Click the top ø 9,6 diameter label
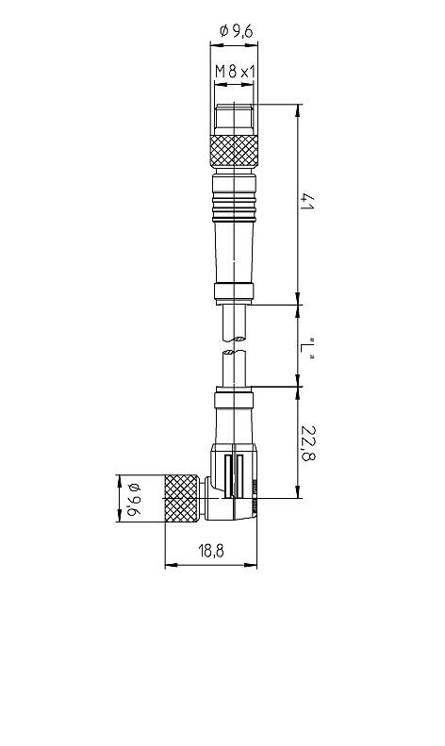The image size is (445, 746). [236, 31]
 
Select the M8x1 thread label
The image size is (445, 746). [235, 72]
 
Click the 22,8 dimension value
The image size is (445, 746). [308, 443]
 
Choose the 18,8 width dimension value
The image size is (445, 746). [211, 551]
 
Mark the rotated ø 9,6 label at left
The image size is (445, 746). [133, 500]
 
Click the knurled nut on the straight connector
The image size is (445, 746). [234, 151]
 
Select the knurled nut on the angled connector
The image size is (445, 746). [182, 498]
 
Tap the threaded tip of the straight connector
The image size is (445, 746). [234, 120]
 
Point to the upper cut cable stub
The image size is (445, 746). [234, 323]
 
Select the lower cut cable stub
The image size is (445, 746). [234, 368]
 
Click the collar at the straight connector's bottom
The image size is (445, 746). [234, 293]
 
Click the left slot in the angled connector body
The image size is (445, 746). [228, 475]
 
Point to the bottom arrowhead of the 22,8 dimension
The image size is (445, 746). [298, 492]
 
